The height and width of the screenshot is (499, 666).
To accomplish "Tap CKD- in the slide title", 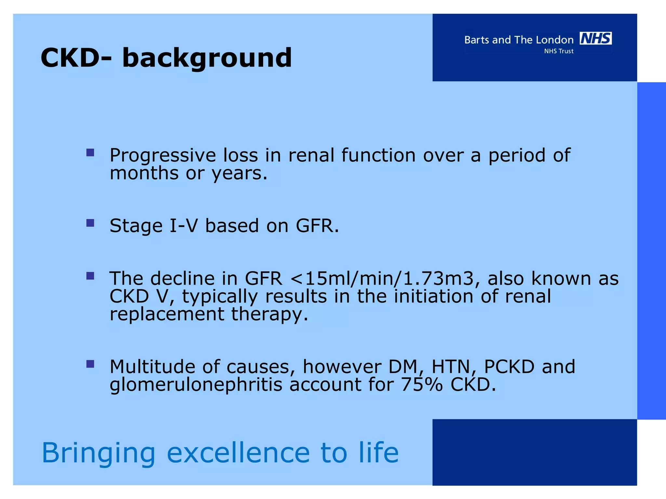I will [76, 58].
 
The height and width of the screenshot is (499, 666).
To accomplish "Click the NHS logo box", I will [595, 38].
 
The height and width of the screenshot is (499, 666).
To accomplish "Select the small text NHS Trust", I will [559, 51].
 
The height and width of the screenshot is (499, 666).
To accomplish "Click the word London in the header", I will [554, 40].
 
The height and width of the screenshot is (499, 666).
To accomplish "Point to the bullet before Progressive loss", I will [90, 153].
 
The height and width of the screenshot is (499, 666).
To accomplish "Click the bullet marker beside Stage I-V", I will [90, 223].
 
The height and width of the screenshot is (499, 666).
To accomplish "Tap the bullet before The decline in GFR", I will [90, 276].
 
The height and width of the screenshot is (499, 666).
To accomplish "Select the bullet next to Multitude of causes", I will [90, 364].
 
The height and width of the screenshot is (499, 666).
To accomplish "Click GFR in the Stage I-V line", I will [314, 225].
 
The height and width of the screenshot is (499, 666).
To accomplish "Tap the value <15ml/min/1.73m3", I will [382, 278].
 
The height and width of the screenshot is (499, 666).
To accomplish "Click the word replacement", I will [167, 314].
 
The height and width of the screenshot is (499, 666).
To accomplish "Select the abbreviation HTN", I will [451, 367].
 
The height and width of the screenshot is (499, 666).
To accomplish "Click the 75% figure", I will [421, 385].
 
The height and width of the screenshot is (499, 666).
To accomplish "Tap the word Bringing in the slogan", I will [99, 454].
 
